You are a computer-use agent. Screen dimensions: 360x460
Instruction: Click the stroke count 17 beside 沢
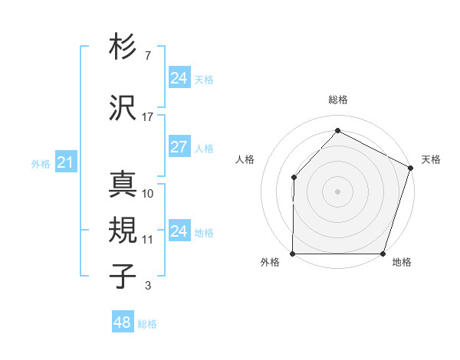[x=148, y=117]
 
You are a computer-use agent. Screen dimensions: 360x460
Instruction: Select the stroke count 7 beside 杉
[x=147, y=56]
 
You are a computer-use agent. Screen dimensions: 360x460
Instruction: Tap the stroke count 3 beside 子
[x=147, y=286]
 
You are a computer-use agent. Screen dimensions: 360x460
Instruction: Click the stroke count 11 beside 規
[x=148, y=240]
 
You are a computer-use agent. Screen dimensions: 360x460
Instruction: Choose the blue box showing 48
[x=123, y=322]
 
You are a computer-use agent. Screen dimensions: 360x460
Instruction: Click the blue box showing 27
[x=179, y=147]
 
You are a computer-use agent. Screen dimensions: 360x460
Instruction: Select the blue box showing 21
[x=65, y=162]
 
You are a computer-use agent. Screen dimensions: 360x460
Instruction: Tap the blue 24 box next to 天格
[x=179, y=77]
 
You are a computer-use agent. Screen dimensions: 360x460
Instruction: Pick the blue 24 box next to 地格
[x=179, y=231]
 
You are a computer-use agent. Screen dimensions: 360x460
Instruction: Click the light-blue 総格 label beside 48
[x=147, y=324]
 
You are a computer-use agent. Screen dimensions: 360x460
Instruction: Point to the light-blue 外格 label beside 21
[x=40, y=164]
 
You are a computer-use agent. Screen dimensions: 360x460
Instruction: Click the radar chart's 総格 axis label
[x=338, y=100]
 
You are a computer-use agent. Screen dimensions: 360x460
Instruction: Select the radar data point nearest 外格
[x=294, y=254]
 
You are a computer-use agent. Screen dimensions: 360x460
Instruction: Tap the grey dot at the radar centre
[x=338, y=191]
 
